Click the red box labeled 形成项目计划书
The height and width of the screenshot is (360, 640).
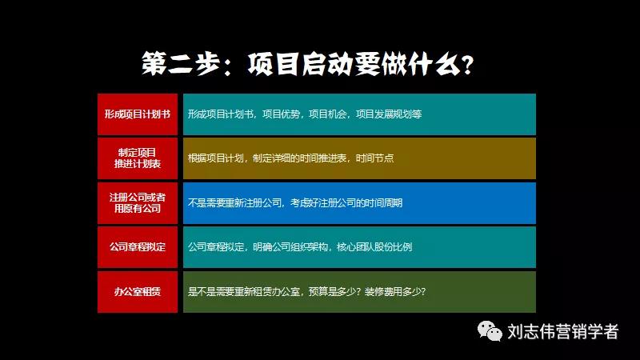coord(137,114)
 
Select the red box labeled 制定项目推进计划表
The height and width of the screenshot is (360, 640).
coord(137,158)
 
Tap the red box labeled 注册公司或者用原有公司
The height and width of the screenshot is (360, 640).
coord(137,202)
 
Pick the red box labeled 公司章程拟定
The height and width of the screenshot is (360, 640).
coord(137,246)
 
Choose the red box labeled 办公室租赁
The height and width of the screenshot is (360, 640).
coord(137,291)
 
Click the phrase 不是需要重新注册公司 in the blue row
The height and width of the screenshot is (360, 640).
coord(235,203)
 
